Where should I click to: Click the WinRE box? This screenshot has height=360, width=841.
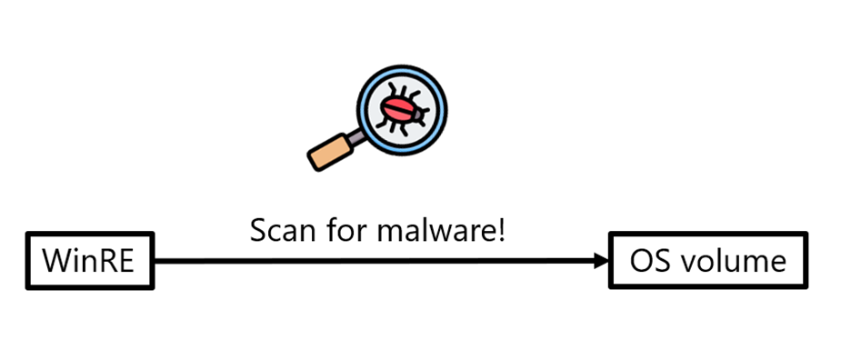tap(90, 261)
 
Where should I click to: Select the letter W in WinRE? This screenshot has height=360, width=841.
tap(55, 261)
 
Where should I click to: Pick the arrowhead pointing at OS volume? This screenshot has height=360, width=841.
tap(602, 261)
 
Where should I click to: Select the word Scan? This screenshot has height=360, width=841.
tap(281, 231)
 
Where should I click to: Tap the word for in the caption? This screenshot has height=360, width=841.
tap(344, 230)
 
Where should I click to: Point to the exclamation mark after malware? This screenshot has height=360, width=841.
tap(500, 230)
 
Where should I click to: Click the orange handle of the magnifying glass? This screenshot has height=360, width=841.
tap(330, 152)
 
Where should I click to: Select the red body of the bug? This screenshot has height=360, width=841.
tap(397, 109)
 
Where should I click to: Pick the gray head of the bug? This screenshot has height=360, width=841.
tap(418, 115)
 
